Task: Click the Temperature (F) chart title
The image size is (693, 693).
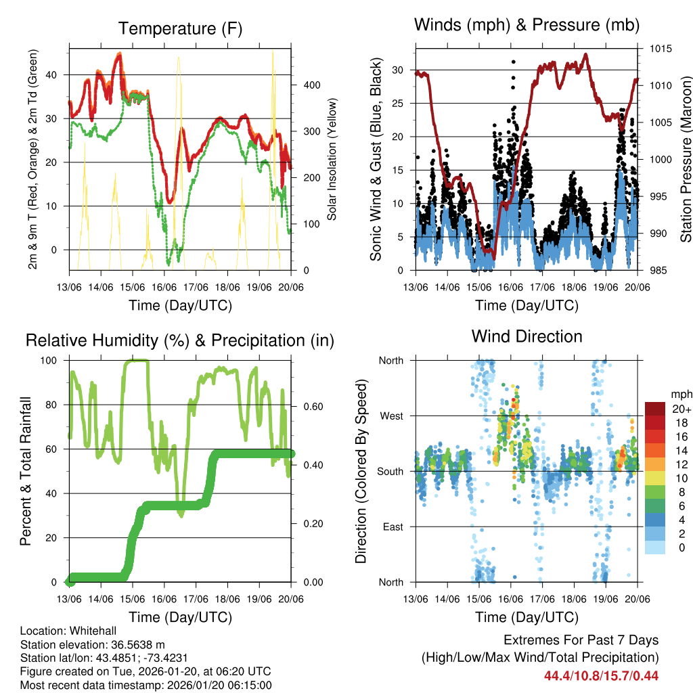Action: [x=180, y=28]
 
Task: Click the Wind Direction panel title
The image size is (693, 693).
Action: [x=527, y=336]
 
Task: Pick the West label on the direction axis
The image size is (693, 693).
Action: [x=390, y=416]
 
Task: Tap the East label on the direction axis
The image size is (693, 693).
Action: [x=392, y=527]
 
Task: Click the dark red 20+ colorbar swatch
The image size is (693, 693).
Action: [x=655, y=409]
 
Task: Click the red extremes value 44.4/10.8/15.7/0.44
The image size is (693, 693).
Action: [x=602, y=675]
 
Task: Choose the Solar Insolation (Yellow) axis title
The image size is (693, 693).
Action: [x=332, y=160]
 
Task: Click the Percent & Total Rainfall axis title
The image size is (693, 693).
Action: [x=26, y=471]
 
